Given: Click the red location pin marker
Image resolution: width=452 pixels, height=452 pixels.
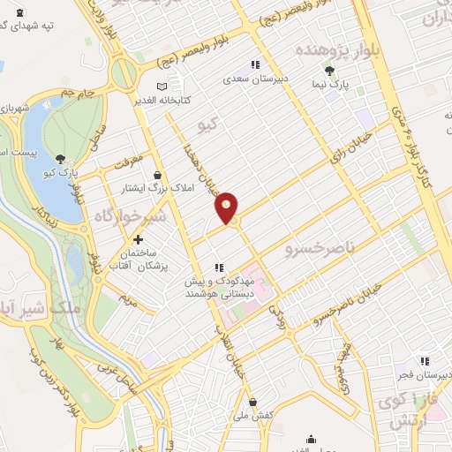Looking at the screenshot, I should (x=227, y=207).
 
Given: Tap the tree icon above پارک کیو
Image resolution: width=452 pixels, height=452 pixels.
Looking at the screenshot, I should (x=59, y=158).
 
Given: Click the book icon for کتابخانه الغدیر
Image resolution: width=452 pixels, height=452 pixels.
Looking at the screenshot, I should (x=160, y=87).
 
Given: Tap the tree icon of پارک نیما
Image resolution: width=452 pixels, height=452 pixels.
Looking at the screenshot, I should (x=329, y=71).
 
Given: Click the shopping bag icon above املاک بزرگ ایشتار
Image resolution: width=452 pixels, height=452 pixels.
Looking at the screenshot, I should (x=158, y=175).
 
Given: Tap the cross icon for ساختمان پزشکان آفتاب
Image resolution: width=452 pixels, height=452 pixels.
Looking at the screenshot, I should (x=138, y=240).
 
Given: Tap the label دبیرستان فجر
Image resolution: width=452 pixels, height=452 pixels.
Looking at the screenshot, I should (x=422, y=374).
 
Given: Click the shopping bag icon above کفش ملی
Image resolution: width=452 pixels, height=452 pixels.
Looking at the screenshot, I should (x=252, y=402).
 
